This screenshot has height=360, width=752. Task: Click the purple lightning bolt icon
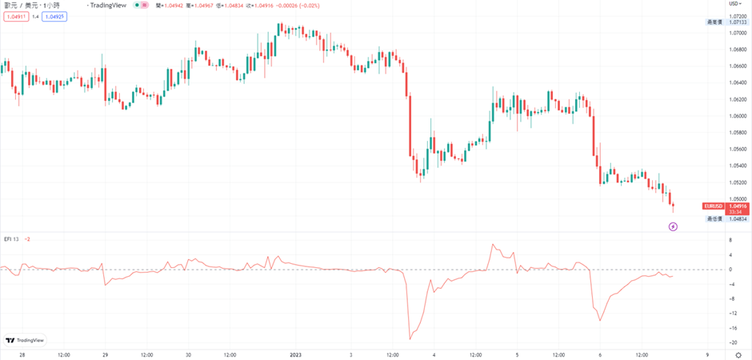[x=674, y=226]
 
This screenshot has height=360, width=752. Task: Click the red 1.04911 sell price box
[x=15, y=16]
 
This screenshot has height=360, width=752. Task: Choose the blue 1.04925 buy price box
[x=54, y=16]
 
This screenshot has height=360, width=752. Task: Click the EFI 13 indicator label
[x=11, y=239]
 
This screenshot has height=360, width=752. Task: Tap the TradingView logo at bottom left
[x=25, y=339]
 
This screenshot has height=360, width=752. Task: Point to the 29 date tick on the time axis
[x=106, y=354]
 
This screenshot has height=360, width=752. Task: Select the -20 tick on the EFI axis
[x=732, y=342]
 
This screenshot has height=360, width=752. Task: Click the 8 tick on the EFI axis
[x=730, y=239]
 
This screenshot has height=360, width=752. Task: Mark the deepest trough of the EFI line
[x=410, y=339]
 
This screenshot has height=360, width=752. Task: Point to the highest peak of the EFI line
[x=493, y=244]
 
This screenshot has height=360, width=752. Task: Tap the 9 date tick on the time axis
[x=707, y=354]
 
